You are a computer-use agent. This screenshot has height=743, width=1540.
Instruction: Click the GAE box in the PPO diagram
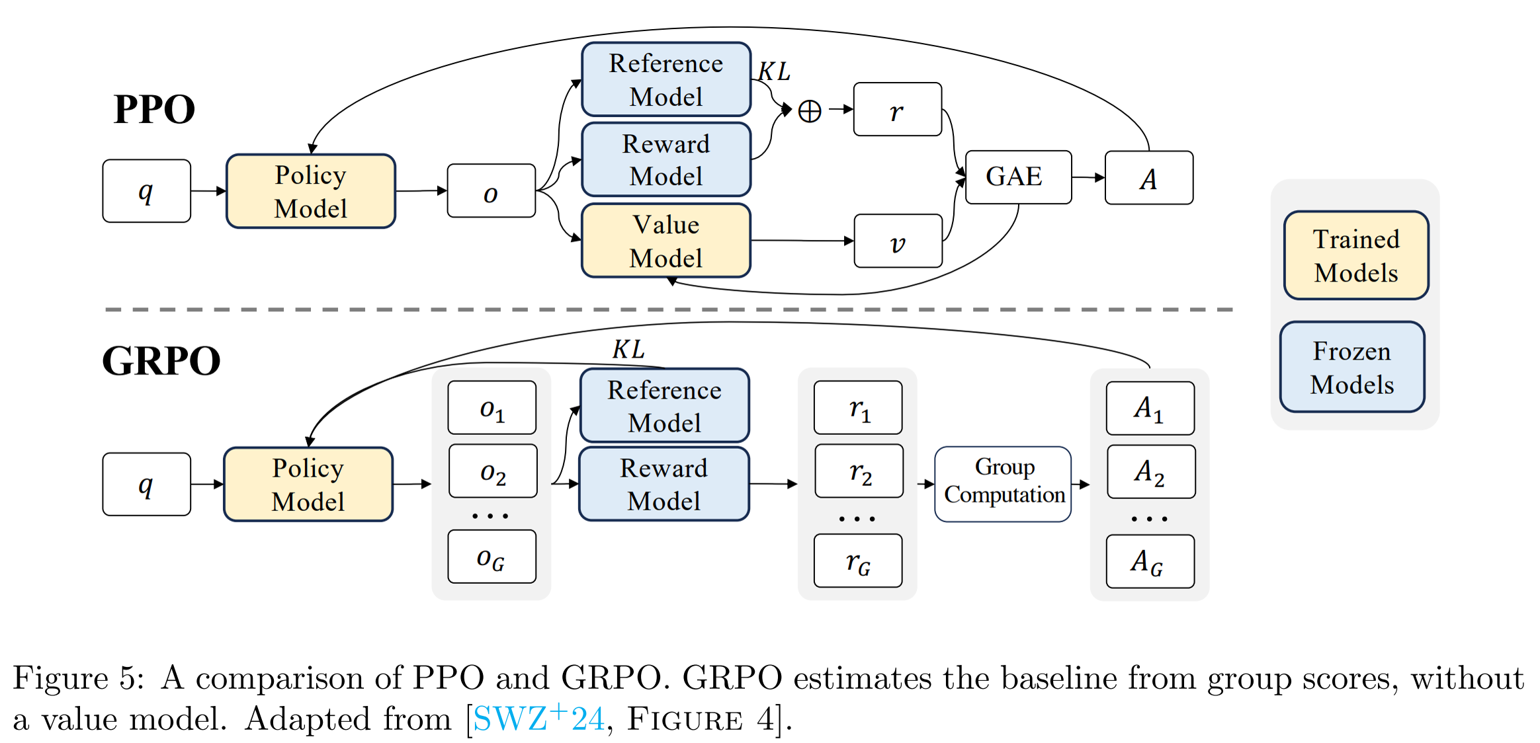(1017, 177)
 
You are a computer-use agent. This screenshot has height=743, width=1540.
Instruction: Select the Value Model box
(665, 241)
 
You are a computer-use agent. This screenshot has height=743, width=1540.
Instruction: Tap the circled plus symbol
(809, 111)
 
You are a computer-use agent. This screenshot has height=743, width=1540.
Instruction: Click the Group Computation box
(1003, 484)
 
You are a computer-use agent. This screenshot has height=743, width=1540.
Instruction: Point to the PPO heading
(154, 109)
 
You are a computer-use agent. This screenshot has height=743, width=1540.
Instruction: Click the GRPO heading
(161, 361)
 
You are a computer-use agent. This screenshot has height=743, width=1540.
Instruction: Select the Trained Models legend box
(1355, 255)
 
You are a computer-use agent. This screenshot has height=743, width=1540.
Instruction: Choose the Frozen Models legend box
(1351, 368)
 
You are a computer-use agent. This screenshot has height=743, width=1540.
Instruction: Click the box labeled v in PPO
(898, 241)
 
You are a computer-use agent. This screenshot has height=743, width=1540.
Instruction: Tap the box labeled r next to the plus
(897, 110)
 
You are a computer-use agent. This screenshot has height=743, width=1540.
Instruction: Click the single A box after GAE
(1148, 178)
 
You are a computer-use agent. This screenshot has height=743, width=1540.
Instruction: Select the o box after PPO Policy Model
(491, 191)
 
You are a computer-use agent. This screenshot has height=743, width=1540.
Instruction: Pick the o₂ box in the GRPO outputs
(493, 471)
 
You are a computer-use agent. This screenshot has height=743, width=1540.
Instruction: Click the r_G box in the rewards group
(858, 561)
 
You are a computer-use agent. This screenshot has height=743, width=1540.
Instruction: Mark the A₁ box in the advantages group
(1150, 408)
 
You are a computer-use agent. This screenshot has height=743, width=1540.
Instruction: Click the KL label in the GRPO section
(628, 349)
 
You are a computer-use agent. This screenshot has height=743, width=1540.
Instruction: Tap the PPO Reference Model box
(665, 79)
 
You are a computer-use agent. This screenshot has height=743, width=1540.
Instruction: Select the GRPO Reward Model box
(663, 484)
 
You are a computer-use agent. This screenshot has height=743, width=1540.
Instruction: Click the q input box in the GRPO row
(146, 484)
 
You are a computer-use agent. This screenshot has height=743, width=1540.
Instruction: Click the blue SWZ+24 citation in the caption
(538, 718)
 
